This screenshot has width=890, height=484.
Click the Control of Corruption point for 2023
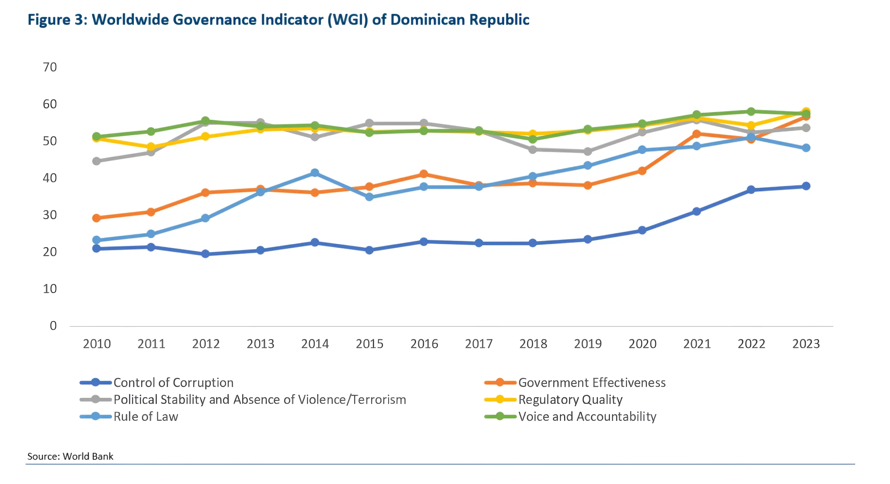click(x=806, y=186)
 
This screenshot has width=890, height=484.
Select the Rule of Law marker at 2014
click(x=315, y=173)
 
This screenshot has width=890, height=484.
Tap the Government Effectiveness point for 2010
click(x=97, y=218)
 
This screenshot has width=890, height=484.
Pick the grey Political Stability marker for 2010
click(x=97, y=161)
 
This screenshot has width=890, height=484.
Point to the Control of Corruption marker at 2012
click(x=205, y=254)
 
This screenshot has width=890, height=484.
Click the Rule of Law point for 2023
click(x=806, y=148)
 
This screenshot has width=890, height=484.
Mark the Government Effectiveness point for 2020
click(x=642, y=171)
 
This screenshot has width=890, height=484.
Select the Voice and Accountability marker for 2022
click(x=751, y=112)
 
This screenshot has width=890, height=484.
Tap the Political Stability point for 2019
click(x=588, y=151)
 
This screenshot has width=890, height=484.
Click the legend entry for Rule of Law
click(x=146, y=417)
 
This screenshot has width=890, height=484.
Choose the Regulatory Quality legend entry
click(x=570, y=400)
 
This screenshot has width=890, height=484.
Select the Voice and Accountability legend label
click(x=587, y=417)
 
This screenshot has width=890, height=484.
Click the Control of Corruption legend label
click(x=173, y=382)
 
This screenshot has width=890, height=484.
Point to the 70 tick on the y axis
click(x=50, y=67)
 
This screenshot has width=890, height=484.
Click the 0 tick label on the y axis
click(x=53, y=326)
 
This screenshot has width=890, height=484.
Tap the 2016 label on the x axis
click(x=424, y=344)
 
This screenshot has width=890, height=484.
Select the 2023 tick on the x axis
click(x=806, y=344)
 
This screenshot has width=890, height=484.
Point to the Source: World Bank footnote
click(x=70, y=456)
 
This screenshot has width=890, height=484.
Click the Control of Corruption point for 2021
click(x=696, y=211)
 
